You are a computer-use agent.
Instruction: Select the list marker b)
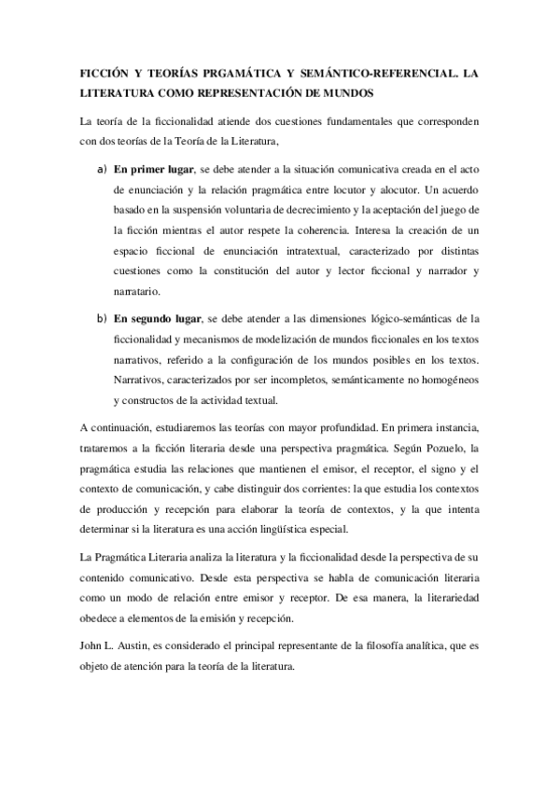(x=100, y=318)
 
